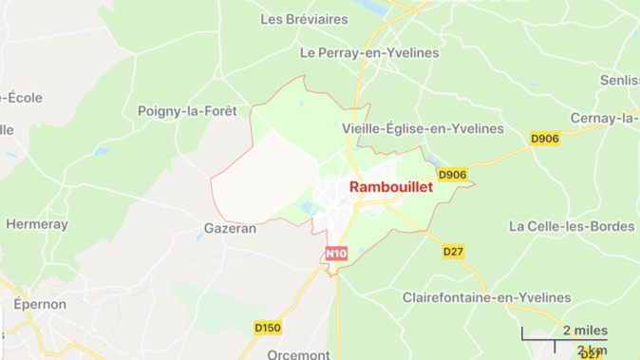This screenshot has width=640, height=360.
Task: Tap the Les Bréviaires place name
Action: [304, 19]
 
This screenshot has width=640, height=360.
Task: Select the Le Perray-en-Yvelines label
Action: [368, 53]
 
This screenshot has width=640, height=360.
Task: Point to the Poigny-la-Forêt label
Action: [191, 111]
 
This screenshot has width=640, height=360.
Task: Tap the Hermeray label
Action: [37, 224]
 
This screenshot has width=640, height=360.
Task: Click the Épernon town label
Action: [39, 305]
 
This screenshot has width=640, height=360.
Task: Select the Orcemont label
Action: [298, 354]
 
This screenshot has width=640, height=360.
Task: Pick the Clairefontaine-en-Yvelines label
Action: [487, 297]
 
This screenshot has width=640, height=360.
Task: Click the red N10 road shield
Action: [336, 254]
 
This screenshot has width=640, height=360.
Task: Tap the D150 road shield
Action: [268, 328]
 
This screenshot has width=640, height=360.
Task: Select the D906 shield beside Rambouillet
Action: [453, 175]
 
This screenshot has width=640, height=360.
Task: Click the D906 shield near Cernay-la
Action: [544, 139]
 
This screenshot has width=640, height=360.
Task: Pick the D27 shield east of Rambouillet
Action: [453, 252]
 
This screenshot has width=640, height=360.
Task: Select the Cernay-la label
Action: [604, 118]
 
